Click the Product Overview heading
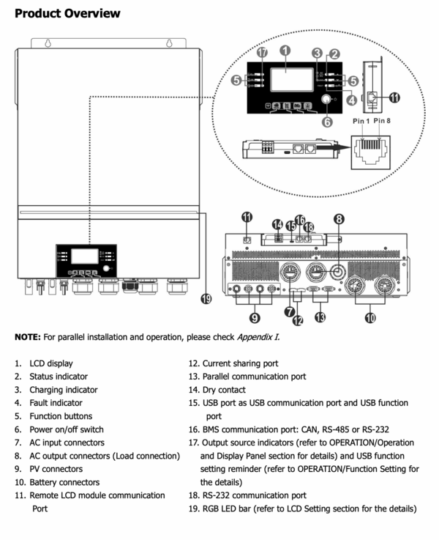point(67,13)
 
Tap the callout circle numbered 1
point(285,51)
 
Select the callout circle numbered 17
point(262,52)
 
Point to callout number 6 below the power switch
point(327,122)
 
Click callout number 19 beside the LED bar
point(206,299)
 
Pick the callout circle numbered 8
point(339,219)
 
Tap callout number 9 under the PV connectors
point(255,317)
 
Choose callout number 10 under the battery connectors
point(370,317)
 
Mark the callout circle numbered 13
point(320,317)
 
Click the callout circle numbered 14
point(277,224)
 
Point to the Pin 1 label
point(361,121)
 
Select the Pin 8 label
point(382,121)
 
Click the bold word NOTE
point(28,337)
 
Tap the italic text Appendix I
point(258,337)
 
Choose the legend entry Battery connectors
point(64,482)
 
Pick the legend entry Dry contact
point(224,390)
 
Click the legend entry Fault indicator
point(56,403)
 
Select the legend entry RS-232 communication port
point(254,495)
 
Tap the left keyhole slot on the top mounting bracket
point(48,43)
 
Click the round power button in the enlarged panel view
point(326,99)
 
